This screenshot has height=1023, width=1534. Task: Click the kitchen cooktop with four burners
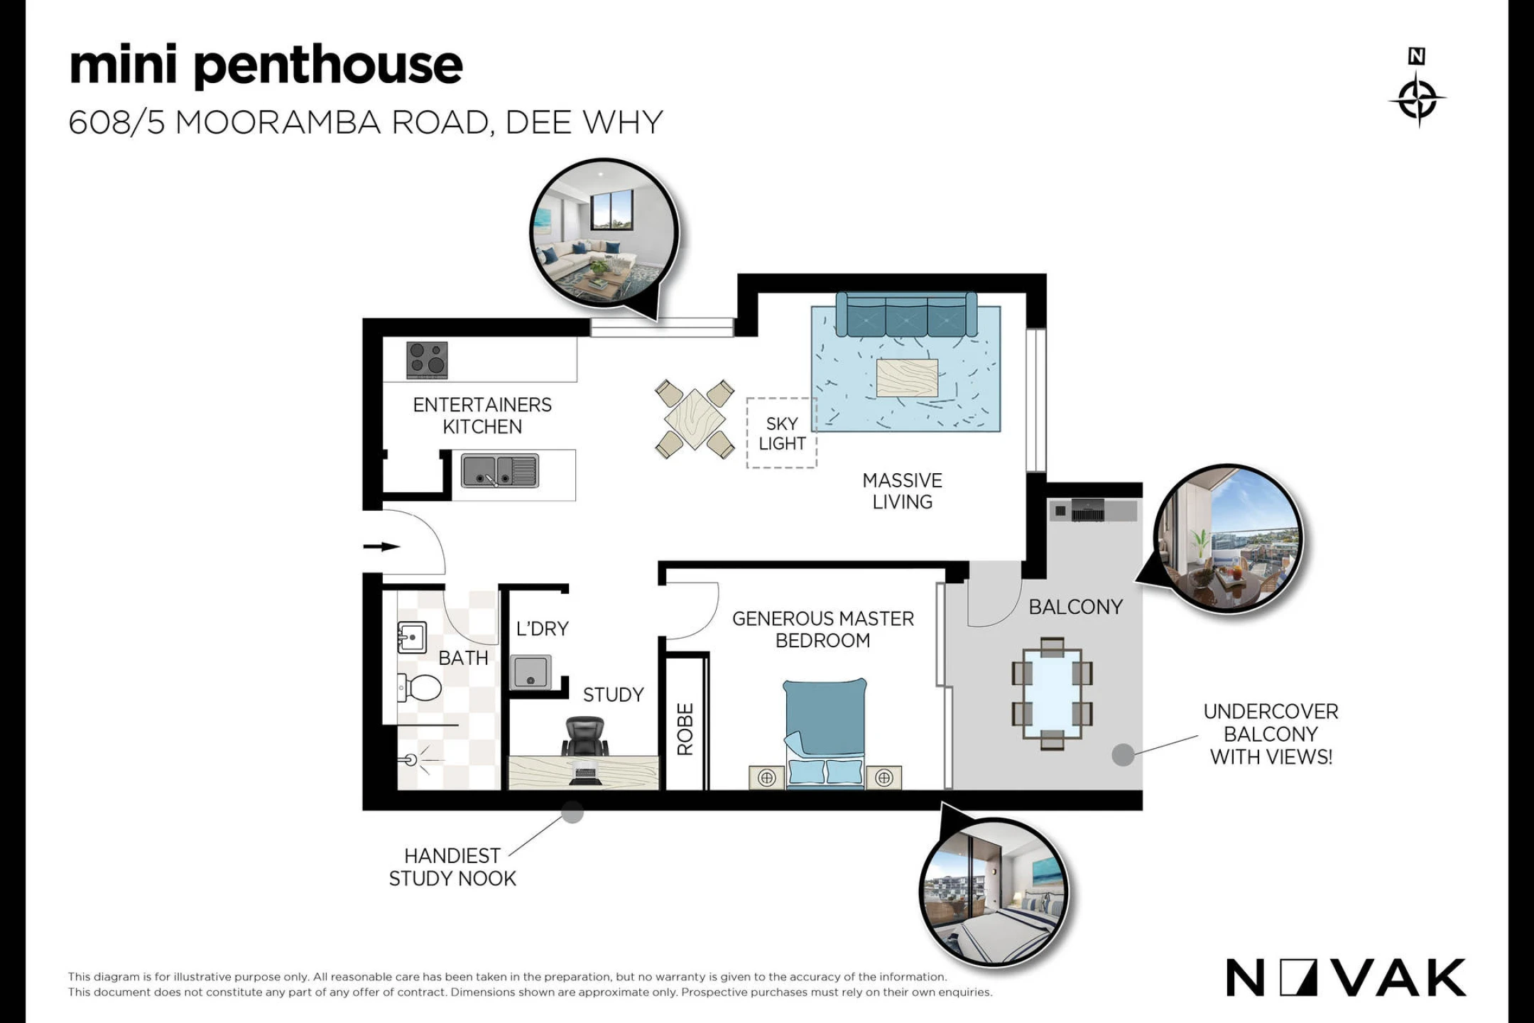(x=427, y=360)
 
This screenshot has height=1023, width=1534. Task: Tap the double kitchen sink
(x=500, y=471)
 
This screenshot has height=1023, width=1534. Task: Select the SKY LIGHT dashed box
(x=781, y=433)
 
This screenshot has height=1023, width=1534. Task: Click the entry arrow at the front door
(x=382, y=546)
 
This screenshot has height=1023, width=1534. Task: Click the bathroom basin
(x=411, y=637)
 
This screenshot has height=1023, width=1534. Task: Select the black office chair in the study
(x=585, y=737)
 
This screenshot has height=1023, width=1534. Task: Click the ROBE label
(x=685, y=729)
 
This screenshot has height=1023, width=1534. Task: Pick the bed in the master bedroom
(x=825, y=733)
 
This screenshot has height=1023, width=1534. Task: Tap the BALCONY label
(x=1075, y=607)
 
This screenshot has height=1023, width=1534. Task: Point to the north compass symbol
(x=1418, y=88)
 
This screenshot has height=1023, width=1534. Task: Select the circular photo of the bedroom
(x=994, y=892)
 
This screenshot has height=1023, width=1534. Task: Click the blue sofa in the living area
(x=906, y=314)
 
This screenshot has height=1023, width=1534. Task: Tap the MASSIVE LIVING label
(x=903, y=491)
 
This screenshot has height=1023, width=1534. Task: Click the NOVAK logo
(x=1346, y=978)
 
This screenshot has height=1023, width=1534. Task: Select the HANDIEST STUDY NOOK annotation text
(x=452, y=867)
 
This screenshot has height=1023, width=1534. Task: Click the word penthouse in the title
(x=328, y=66)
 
